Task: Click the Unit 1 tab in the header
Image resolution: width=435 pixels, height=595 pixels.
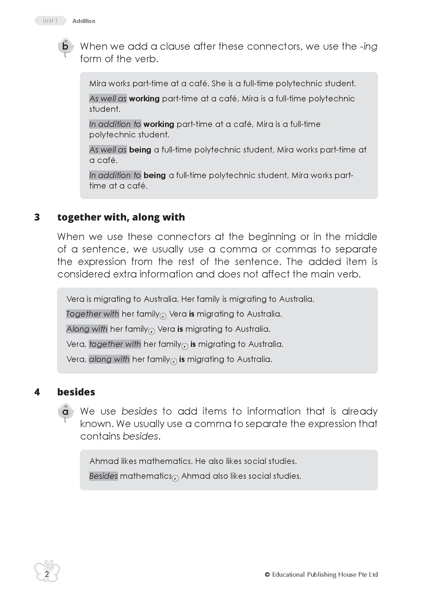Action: tap(50, 21)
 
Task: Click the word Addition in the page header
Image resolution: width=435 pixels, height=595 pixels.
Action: tap(84, 21)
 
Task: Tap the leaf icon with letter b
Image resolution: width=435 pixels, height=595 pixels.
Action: tap(65, 47)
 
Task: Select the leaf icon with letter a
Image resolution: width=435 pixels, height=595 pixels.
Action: tap(65, 412)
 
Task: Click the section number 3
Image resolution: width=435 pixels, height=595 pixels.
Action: tap(37, 217)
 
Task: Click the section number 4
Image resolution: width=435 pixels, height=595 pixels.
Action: tap(37, 392)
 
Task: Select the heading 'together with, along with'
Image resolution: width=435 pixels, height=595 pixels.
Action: tap(121, 217)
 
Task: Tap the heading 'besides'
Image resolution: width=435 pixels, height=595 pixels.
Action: tap(76, 392)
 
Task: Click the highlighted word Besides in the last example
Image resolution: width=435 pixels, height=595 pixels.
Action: tap(103, 476)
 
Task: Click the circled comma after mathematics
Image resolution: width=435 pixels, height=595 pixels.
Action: tap(175, 478)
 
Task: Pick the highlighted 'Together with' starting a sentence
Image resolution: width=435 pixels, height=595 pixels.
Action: tap(92, 314)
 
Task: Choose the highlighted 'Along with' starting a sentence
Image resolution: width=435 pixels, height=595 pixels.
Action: tap(87, 329)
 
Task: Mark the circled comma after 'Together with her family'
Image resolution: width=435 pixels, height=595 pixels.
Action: tap(163, 316)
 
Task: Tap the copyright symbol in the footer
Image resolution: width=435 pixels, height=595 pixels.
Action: tap(267, 574)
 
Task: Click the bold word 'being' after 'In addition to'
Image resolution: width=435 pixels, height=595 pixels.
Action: tap(155, 175)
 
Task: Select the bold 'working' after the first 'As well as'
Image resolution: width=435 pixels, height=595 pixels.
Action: tap(144, 99)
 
